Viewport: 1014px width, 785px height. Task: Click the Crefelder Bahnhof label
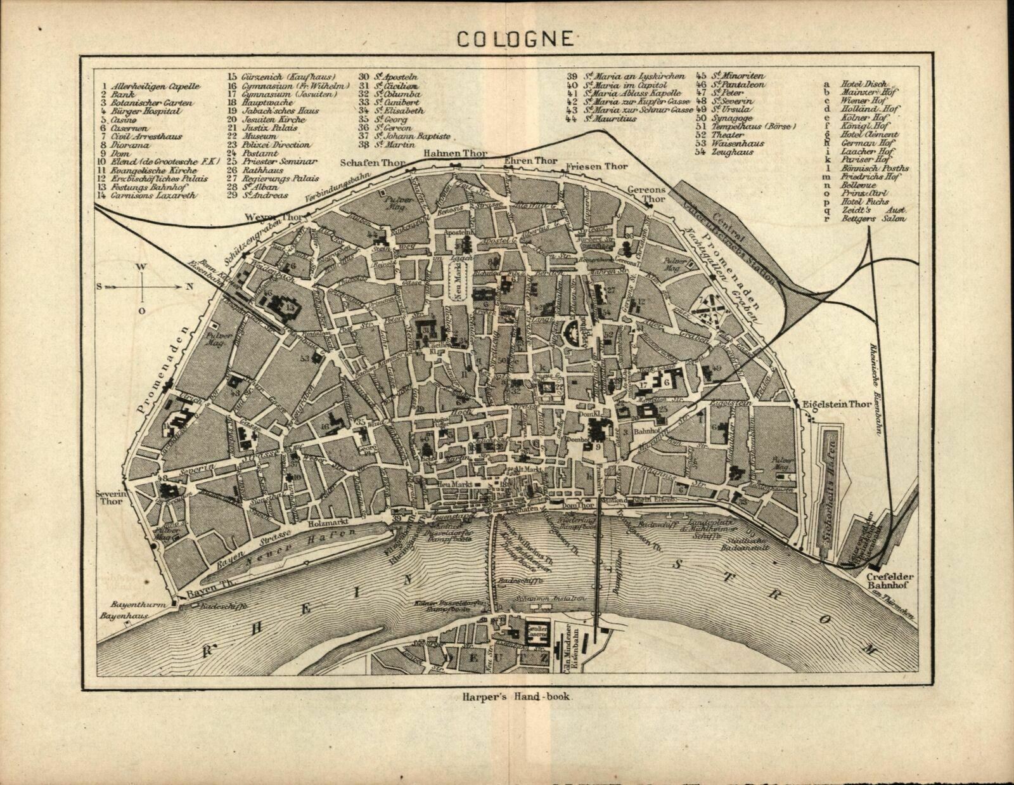click(890, 581)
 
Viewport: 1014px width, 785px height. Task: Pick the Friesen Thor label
click(596, 167)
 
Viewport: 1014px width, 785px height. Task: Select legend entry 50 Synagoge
click(732, 118)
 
